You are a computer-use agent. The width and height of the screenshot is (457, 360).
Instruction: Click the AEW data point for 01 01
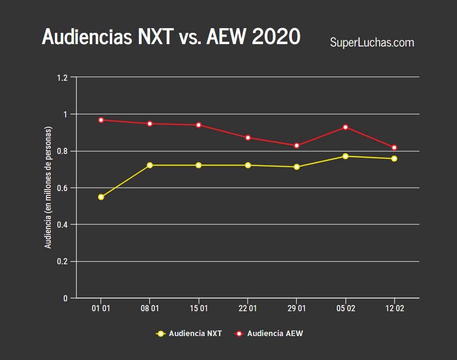[101, 120]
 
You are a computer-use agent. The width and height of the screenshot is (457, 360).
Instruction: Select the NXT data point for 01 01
[101, 197]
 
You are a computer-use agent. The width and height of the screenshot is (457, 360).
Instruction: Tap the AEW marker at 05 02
[345, 127]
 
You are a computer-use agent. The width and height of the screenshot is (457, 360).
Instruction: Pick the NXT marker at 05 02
[345, 156]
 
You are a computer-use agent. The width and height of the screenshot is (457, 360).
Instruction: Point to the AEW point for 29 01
[297, 146]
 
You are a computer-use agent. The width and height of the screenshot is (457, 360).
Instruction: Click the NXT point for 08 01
[150, 165]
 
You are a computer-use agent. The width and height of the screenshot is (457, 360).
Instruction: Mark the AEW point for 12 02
[394, 148]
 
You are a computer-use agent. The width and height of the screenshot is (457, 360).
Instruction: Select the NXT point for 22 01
[248, 165]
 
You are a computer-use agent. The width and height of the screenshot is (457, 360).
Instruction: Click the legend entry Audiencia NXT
[189, 334]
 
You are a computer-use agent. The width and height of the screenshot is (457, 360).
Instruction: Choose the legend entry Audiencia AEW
[268, 334]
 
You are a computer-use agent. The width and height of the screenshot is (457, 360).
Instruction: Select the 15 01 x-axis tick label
[198, 309]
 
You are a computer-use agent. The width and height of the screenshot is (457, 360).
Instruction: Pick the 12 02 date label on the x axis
[394, 309]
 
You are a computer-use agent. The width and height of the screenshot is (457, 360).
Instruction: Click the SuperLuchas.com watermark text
[372, 43]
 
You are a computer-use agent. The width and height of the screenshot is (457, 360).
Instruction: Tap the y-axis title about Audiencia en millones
[48, 188]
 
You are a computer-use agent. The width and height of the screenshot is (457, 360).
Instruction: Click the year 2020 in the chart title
[276, 37]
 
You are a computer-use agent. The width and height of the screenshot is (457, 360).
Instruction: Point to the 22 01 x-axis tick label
[248, 309]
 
